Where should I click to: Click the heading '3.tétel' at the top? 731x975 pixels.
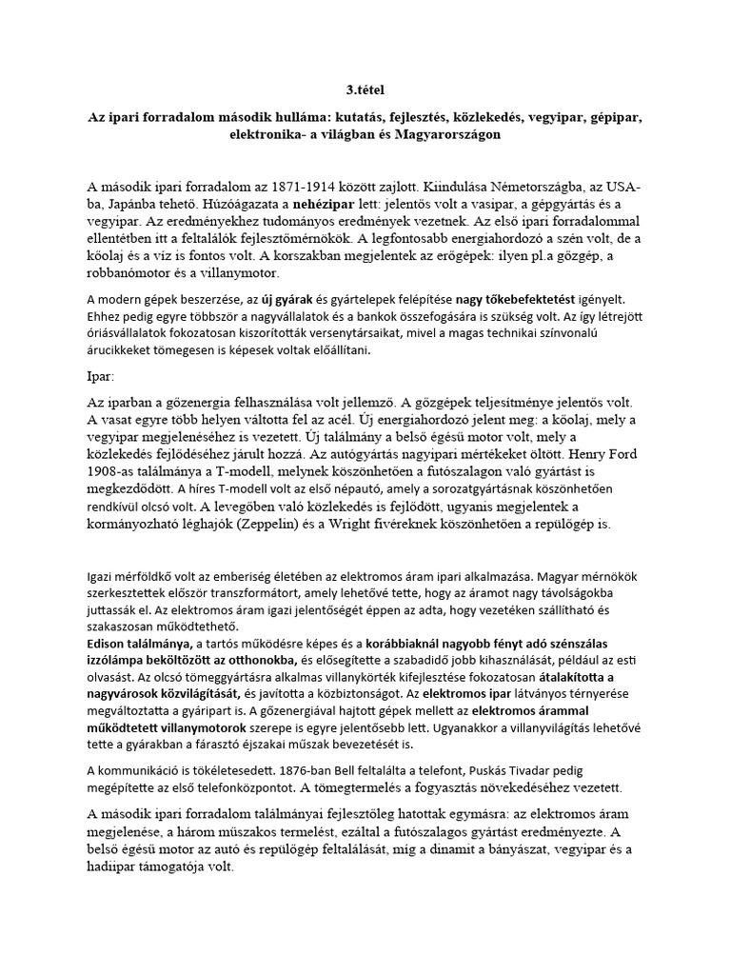(x=365, y=90)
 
